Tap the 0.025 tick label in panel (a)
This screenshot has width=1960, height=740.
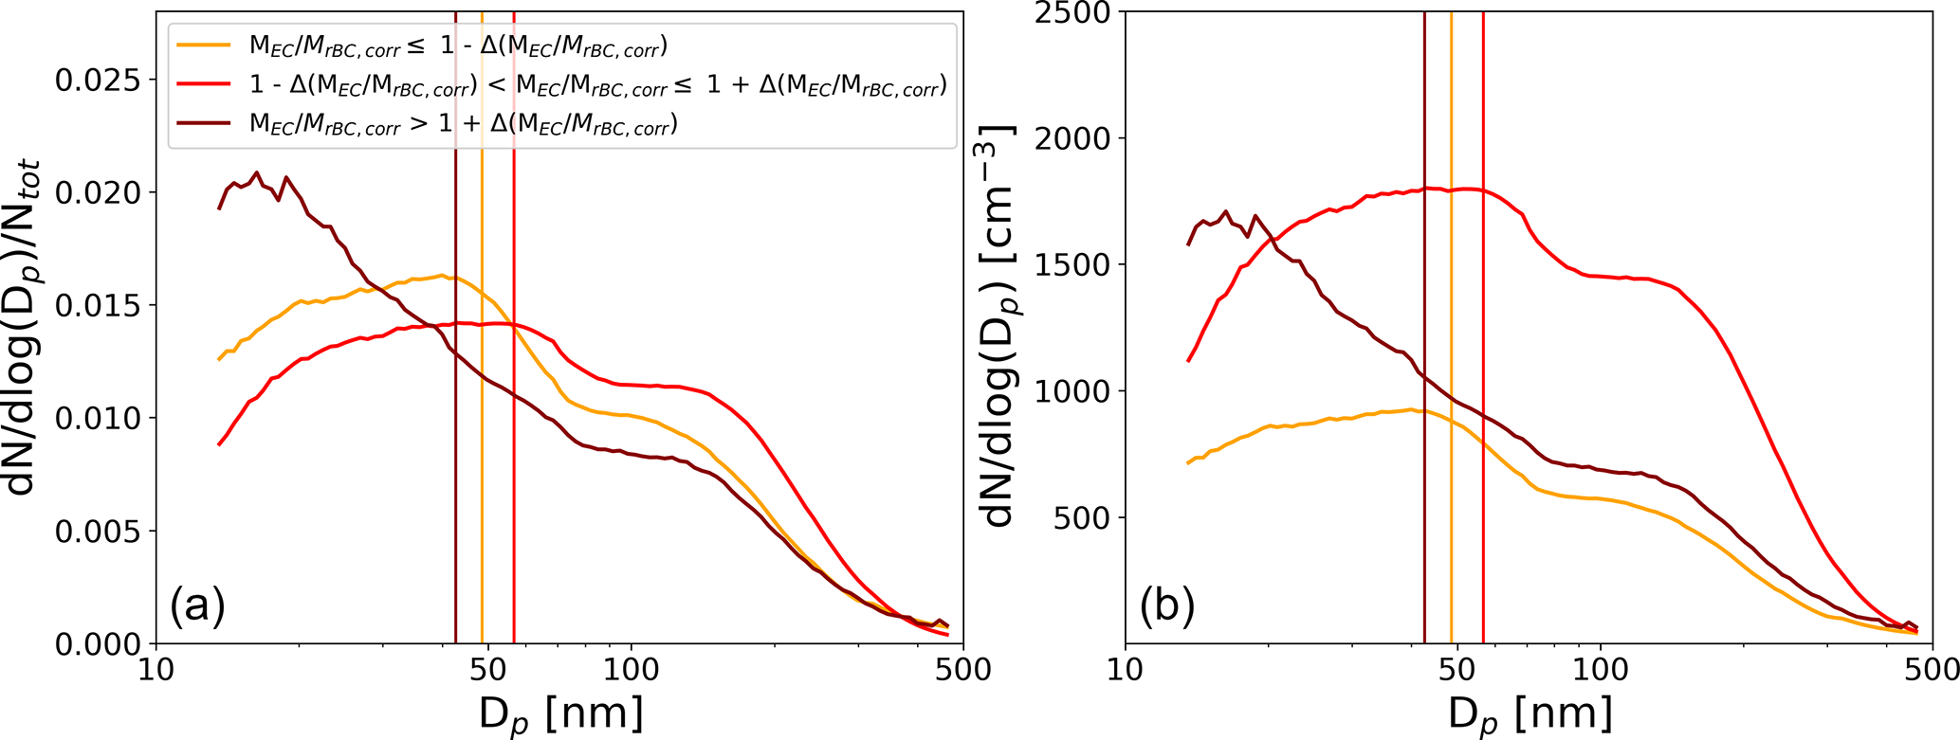click(x=93, y=81)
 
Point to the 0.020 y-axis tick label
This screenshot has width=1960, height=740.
click(x=93, y=193)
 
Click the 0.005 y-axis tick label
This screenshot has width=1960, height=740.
click(x=93, y=532)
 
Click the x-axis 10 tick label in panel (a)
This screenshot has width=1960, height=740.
click(x=156, y=670)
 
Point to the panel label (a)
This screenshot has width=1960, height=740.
click(x=197, y=605)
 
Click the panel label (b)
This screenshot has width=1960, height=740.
click(x=1166, y=605)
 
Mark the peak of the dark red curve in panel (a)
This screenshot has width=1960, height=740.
click(x=256, y=172)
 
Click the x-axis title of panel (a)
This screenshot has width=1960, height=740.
click(x=560, y=713)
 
